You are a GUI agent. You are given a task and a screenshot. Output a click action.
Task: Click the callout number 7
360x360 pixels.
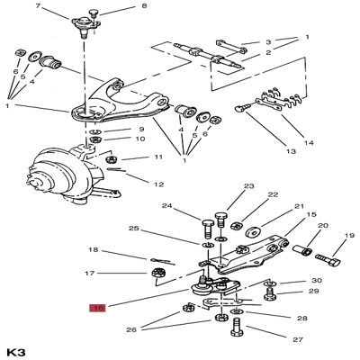point(39,6)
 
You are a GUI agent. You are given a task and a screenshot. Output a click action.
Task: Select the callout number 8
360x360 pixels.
point(143,7)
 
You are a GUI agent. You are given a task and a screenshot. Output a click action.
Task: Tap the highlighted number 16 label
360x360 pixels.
point(97,308)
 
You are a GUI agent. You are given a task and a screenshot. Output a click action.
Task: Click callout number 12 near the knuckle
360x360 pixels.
point(158,184)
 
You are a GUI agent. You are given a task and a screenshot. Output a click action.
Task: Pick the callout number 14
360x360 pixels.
point(308,143)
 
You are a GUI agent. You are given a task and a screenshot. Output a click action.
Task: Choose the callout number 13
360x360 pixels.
point(292,152)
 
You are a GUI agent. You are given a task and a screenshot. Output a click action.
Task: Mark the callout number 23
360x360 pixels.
point(249,186)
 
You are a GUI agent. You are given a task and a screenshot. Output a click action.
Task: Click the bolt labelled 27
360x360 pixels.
point(238,334)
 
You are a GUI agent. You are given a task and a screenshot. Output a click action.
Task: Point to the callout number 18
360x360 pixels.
point(93,249)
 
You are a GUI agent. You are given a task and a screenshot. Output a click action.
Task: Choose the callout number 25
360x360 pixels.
point(134,229)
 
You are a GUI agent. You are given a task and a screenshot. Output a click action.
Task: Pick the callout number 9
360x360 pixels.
point(141,129)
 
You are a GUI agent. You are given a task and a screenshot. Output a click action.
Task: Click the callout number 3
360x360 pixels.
point(267,41)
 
